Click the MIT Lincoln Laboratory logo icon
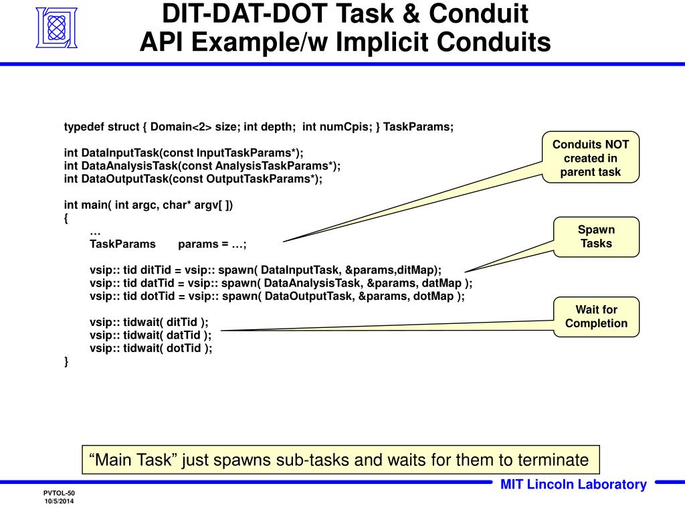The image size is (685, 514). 56,28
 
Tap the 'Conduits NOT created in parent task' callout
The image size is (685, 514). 591,158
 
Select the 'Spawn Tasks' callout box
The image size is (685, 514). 596,236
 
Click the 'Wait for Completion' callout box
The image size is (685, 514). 596,317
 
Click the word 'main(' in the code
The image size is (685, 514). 98,204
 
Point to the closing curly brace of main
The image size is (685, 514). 66,361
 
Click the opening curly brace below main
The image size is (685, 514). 66,218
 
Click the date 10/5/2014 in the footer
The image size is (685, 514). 60,501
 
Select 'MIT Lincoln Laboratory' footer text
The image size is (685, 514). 573,485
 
